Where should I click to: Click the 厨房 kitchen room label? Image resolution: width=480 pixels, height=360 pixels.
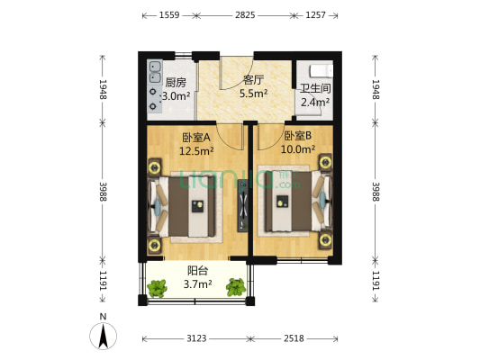[175, 83]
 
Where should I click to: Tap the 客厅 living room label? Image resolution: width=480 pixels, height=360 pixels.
[253, 79]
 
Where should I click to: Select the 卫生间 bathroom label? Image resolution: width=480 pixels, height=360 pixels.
[315, 88]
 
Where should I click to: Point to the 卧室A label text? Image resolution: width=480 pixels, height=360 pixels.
[195, 138]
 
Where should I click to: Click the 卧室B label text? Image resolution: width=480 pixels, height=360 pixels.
[296, 136]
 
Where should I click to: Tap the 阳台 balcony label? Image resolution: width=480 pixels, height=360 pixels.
[199, 270]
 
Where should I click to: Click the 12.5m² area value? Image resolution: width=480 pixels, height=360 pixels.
[195, 151]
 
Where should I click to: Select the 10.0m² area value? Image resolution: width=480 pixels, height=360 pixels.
[297, 149]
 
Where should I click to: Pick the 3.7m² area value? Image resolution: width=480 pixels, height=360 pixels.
[199, 284]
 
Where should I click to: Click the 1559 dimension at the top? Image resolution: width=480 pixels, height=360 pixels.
[168, 15]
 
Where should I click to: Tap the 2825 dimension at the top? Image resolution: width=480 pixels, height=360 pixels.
[244, 15]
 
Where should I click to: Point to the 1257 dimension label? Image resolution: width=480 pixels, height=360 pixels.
[315, 15]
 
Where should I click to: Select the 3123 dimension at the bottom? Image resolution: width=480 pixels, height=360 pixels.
[196, 339]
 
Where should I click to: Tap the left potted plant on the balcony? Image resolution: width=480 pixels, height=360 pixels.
[158, 288]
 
